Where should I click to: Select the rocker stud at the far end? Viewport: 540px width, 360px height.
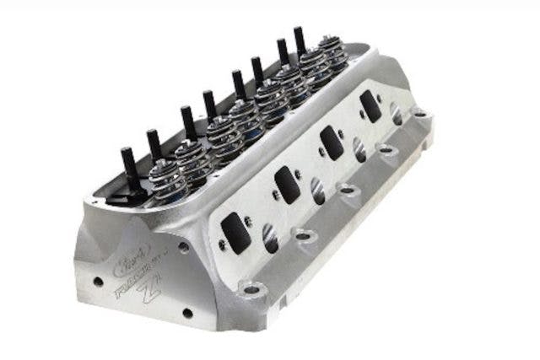(299, 39)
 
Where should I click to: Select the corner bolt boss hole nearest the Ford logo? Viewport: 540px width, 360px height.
(249, 288)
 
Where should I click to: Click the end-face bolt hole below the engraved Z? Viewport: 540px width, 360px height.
(186, 313)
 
